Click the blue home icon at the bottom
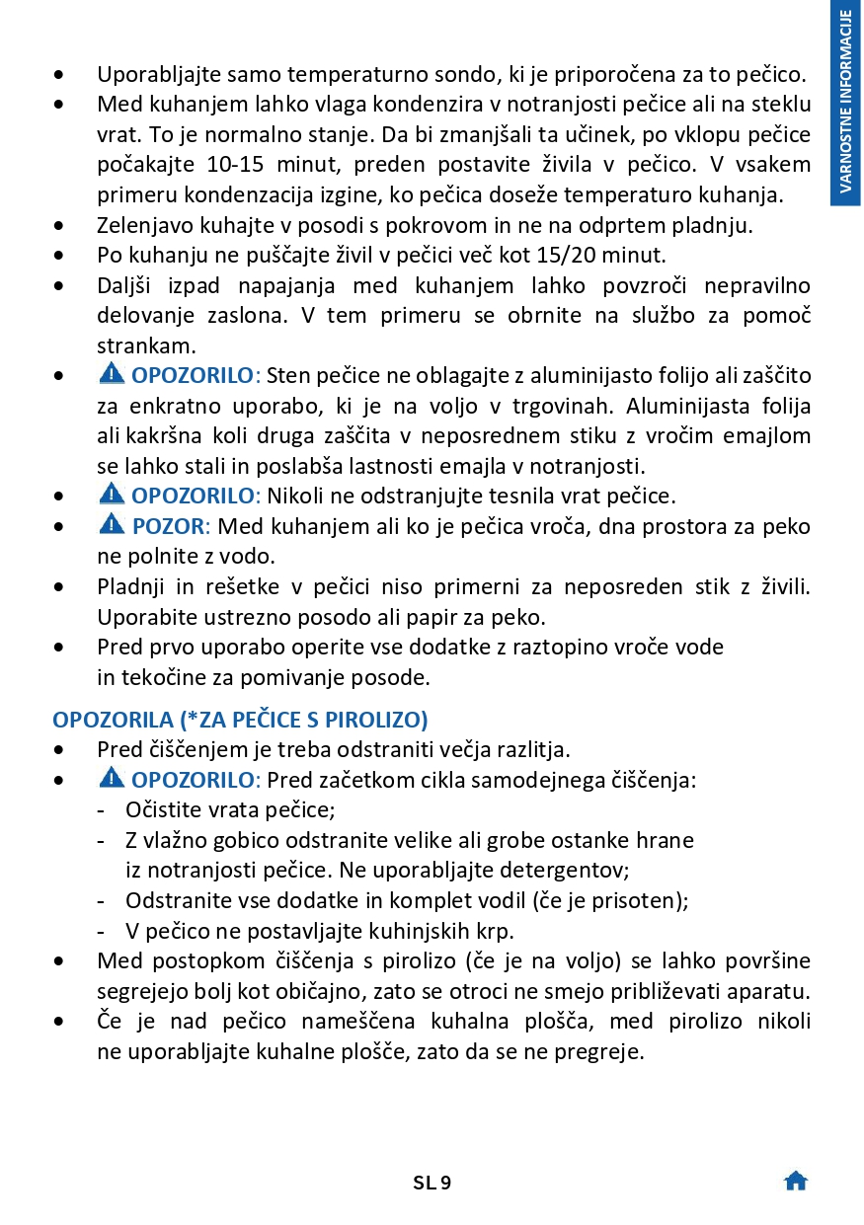795,1181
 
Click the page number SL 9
432,1182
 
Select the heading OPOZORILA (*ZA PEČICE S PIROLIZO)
240,719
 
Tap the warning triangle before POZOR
113,525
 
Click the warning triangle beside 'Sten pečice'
113,374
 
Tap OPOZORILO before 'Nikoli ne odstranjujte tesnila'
193,496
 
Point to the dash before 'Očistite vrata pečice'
102,810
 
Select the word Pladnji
130,587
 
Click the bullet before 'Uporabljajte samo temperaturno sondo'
61,74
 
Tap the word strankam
145,346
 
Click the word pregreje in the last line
603,1051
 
